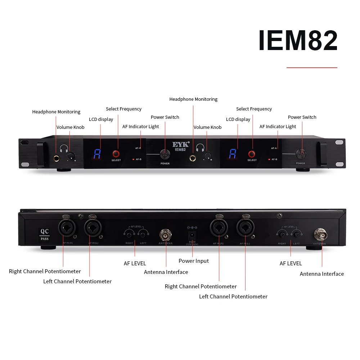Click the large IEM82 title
point(298,41)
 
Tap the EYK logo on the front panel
point(180,145)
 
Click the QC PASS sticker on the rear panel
point(45,235)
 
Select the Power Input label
point(194,261)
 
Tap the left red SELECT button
point(116,154)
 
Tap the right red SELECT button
point(252,154)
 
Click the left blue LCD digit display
point(96,154)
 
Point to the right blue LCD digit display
point(233,154)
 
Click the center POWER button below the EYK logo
point(165,154)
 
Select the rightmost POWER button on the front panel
point(301,154)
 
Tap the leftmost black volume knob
point(71,156)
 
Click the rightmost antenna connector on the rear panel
point(320,234)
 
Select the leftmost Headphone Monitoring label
point(56,112)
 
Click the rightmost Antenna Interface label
point(322,274)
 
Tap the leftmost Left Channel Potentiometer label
point(77,282)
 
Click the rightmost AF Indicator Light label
point(278,127)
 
